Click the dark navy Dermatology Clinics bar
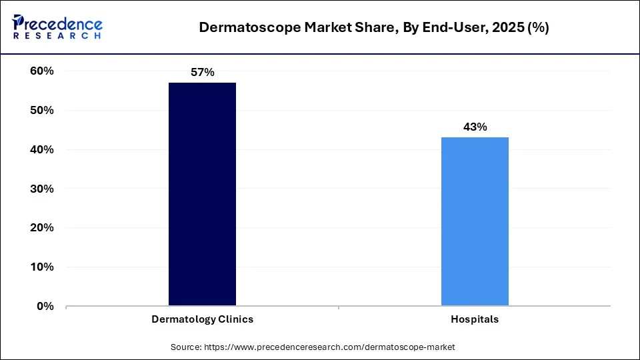[202, 194]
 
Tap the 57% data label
[203, 72]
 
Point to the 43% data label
[475, 127]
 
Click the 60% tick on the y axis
[42, 71]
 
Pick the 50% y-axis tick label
[42, 111]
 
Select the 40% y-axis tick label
[42, 150]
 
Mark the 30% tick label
[42, 189]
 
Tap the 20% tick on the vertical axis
[42, 228]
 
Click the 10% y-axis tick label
[42, 267]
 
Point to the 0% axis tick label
[45, 307]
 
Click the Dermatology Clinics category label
[203, 319]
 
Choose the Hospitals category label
[475, 319]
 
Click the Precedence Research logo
[57, 27]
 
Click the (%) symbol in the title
[537, 28]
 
